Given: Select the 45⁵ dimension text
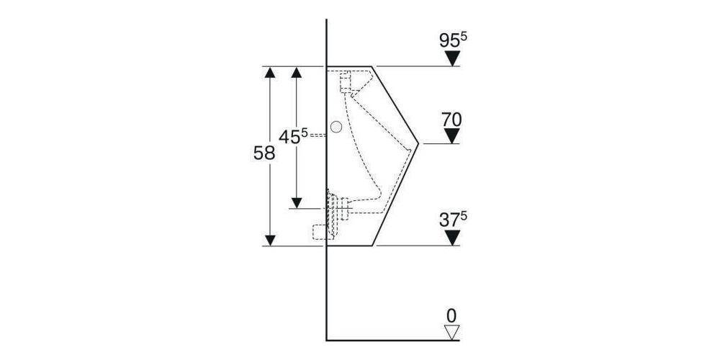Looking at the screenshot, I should [x=294, y=137].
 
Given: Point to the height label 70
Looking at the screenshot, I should [x=451, y=119].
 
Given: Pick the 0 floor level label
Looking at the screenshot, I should [x=451, y=315].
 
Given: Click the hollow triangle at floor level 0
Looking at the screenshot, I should [x=451, y=332].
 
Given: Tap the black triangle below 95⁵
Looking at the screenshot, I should [x=451, y=59].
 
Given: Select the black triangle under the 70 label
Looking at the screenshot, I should [x=451, y=136].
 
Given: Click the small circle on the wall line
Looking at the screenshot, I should [x=336, y=127].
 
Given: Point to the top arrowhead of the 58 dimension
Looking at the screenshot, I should [x=270, y=72].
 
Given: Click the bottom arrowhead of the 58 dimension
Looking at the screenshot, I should [x=270, y=239].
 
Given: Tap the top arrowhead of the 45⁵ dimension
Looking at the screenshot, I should [x=296, y=72].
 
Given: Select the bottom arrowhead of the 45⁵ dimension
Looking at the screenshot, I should [x=296, y=201].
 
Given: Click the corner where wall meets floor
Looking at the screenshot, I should [x=327, y=339].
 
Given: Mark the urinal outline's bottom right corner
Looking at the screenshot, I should [x=372, y=245].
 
